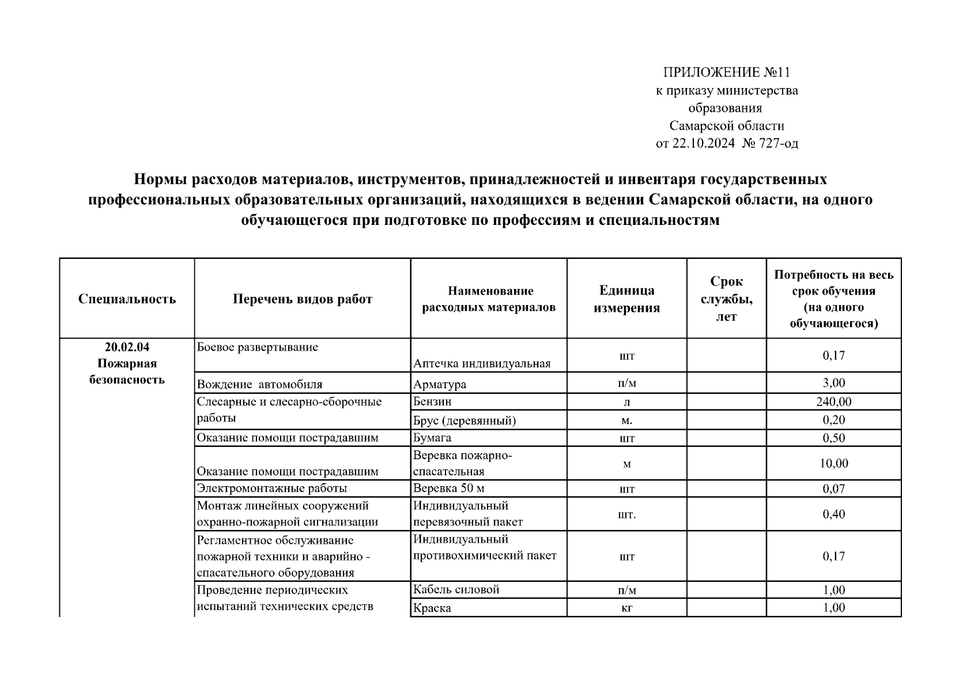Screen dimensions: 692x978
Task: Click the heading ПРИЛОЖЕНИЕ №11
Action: click(x=726, y=72)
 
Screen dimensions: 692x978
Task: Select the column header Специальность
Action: click(x=127, y=299)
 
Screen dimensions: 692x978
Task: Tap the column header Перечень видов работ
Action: click(x=303, y=299)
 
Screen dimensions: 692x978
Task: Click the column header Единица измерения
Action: click(x=626, y=299)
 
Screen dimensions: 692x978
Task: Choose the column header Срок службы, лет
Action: click(x=726, y=299)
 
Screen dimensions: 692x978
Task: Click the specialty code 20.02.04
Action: click(x=127, y=347)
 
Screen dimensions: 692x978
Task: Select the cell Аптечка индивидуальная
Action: click(x=482, y=363)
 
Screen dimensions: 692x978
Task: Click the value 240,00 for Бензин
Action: click(x=833, y=402)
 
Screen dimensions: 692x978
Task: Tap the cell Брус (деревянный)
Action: click(x=464, y=420)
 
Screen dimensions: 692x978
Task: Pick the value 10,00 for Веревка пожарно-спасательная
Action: click(x=833, y=463)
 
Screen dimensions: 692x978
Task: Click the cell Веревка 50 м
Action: click(x=448, y=488)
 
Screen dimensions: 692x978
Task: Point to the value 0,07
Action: click(x=833, y=489)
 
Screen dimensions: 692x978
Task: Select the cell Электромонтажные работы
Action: click(x=272, y=488)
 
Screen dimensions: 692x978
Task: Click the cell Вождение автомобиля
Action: click(x=259, y=384)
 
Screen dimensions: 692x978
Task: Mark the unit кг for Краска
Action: click(x=626, y=608)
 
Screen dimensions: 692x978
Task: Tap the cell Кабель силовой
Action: click(x=456, y=589)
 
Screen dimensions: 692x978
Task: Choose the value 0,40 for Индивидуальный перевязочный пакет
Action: click(x=833, y=514)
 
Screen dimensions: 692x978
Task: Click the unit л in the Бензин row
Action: click(x=626, y=403)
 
